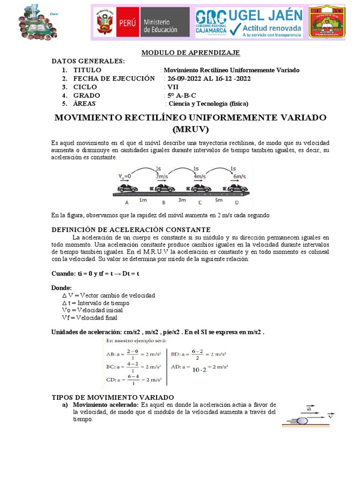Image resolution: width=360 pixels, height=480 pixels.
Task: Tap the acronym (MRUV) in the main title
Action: click(190, 128)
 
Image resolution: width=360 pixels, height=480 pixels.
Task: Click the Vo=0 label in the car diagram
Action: click(124, 176)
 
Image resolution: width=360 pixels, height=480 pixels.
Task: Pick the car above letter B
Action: click(164, 188)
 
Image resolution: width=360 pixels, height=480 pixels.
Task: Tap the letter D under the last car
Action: click(236, 202)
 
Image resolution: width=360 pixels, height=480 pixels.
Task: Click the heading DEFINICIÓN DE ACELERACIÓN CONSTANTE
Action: click(131, 230)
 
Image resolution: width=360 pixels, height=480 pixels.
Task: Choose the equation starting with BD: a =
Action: click(199, 355)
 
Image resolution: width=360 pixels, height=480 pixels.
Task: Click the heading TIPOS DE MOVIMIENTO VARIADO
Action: click(112, 397)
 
